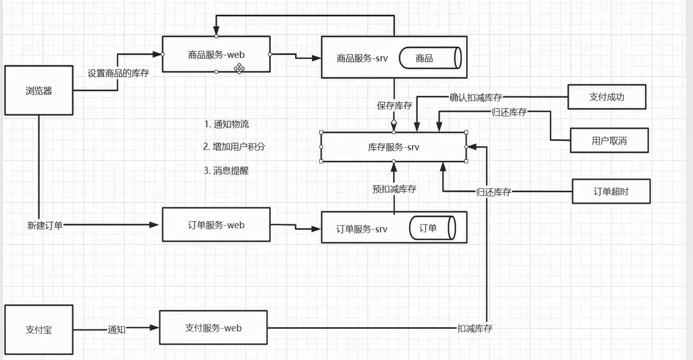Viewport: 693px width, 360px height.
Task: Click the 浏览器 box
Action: click(x=39, y=90)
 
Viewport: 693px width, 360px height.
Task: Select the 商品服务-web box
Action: click(x=216, y=55)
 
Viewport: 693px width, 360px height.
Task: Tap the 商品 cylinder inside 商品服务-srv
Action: click(x=430, y=58)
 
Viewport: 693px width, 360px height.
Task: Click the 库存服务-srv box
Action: click(x=393, y=147)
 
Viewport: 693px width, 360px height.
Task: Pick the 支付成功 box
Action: click(x=607, y=97)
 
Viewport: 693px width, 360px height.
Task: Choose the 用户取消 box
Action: click(x=609, y=141)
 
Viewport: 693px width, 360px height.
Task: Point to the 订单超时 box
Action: click(x=611, y=191)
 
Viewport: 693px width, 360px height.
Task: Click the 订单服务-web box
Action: click(x=216, y=225)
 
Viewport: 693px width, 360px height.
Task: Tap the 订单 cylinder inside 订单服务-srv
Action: click(x=432, y=228)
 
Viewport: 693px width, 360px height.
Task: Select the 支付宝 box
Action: click(x=39, y=329)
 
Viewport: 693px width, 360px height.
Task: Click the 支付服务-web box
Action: click(x=213, y=328)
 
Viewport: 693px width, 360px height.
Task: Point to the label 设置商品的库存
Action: click(x=119, y=73)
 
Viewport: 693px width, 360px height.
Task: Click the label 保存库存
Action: click(x=394, y=105)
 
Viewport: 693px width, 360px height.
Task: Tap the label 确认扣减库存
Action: click(x=475, y=98)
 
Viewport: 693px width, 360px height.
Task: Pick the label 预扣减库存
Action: click(x=394, y=189)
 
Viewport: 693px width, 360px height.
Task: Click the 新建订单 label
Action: click(x=45, y=225)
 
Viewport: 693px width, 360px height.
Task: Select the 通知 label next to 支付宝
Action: click(x=117, y=329)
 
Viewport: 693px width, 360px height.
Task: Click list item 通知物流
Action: click(x=227, y=124)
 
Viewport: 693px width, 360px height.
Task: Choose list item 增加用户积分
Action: click(x=234, y=146)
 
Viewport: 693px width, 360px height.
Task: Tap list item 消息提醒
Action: click(x=226, y=171)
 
